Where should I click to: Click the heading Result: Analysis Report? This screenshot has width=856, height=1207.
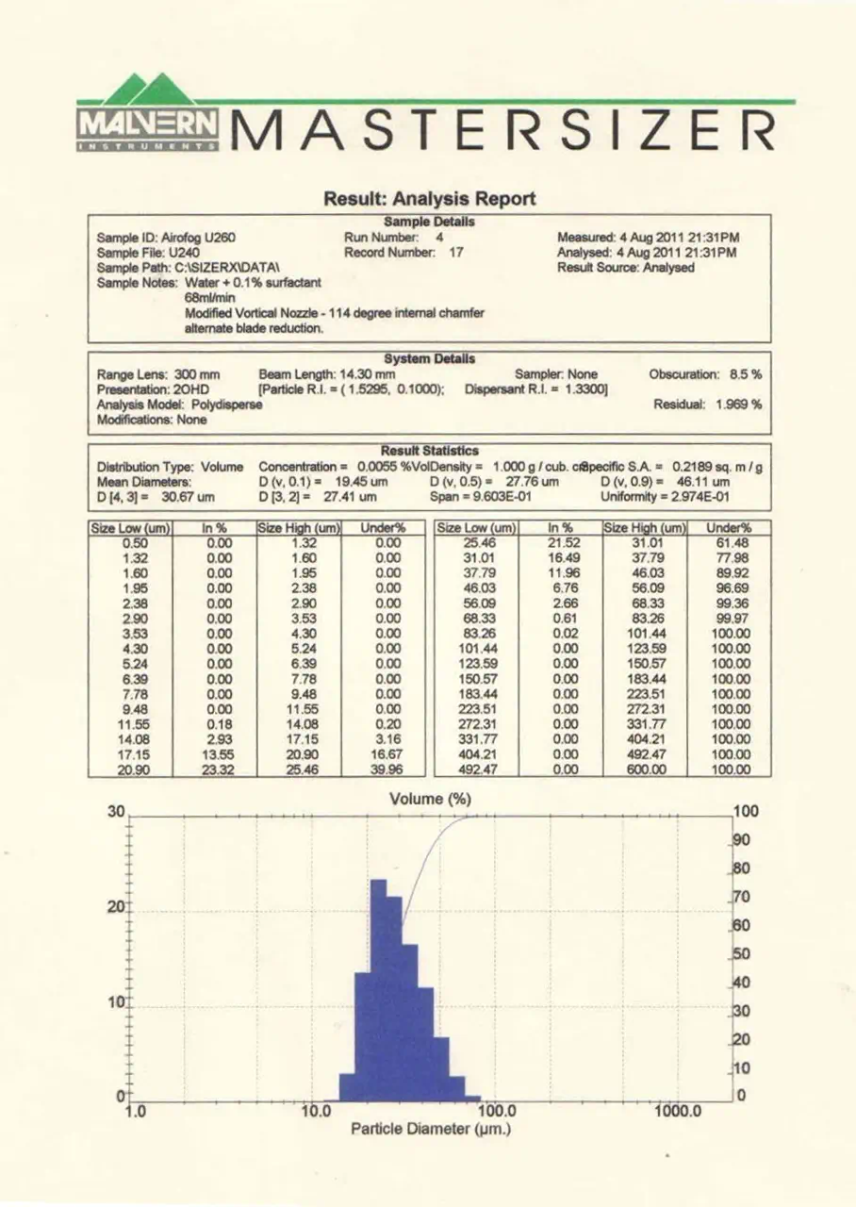pyautogui.click(x=429, y=199)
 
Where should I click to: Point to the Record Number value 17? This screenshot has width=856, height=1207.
pyautogui.click(x=455, y=253)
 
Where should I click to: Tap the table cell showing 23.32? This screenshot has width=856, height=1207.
pyautogui.click(x=215, y=769)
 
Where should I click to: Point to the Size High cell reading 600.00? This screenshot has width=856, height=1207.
pyautogui.click(x=646, y=769)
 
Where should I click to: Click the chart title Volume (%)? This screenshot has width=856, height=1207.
pyautogui.click(x=430, y=800)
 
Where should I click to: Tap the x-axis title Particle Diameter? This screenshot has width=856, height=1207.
pyautogui.click(x=430, y=1129)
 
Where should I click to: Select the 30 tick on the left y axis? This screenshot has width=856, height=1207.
pyautogui.click(x=117, y=812)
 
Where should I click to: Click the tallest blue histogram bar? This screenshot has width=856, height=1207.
pyautogui.click(x=379, y=990)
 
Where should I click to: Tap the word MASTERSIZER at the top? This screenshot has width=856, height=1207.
pyautogui.click(x=503, y=128)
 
